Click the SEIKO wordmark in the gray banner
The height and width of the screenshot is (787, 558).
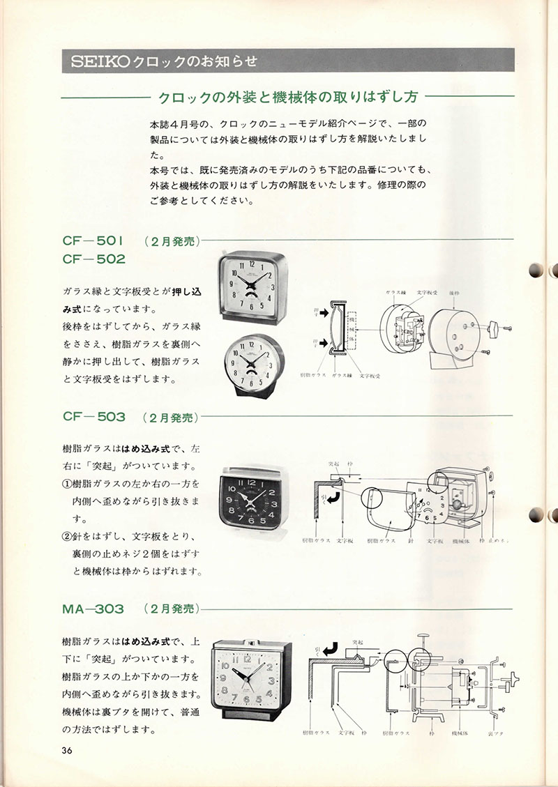[x=97, y=61]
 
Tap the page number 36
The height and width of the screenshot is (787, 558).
[x=67, y=751]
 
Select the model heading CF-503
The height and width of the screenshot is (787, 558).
[x=94, y=417]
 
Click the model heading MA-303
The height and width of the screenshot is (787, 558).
[x=93, y=609]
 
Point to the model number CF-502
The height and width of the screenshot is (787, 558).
[x=94, y=259]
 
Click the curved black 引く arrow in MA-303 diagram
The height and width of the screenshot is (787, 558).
[x=326, y=650]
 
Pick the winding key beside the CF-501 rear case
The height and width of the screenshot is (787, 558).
[x=496, y=325]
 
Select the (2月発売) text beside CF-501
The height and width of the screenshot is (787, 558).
[x=172, y=242]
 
